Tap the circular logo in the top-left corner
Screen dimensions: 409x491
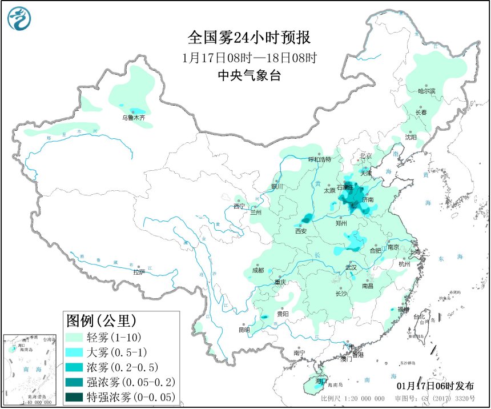(19, 19)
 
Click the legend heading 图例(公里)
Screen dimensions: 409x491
(102, 320)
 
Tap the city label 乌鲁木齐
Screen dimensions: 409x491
(133, 118)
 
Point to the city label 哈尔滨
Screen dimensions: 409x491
(426, 91)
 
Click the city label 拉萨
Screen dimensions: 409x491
(139, 272)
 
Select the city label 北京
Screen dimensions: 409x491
(366, 156)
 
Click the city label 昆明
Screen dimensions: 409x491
(244, 330)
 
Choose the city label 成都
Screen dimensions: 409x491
(257, 270)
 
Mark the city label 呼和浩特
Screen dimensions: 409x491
(320, 159)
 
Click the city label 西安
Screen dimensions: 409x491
(301, 231)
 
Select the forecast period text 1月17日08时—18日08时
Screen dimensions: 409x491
(249, 57)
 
